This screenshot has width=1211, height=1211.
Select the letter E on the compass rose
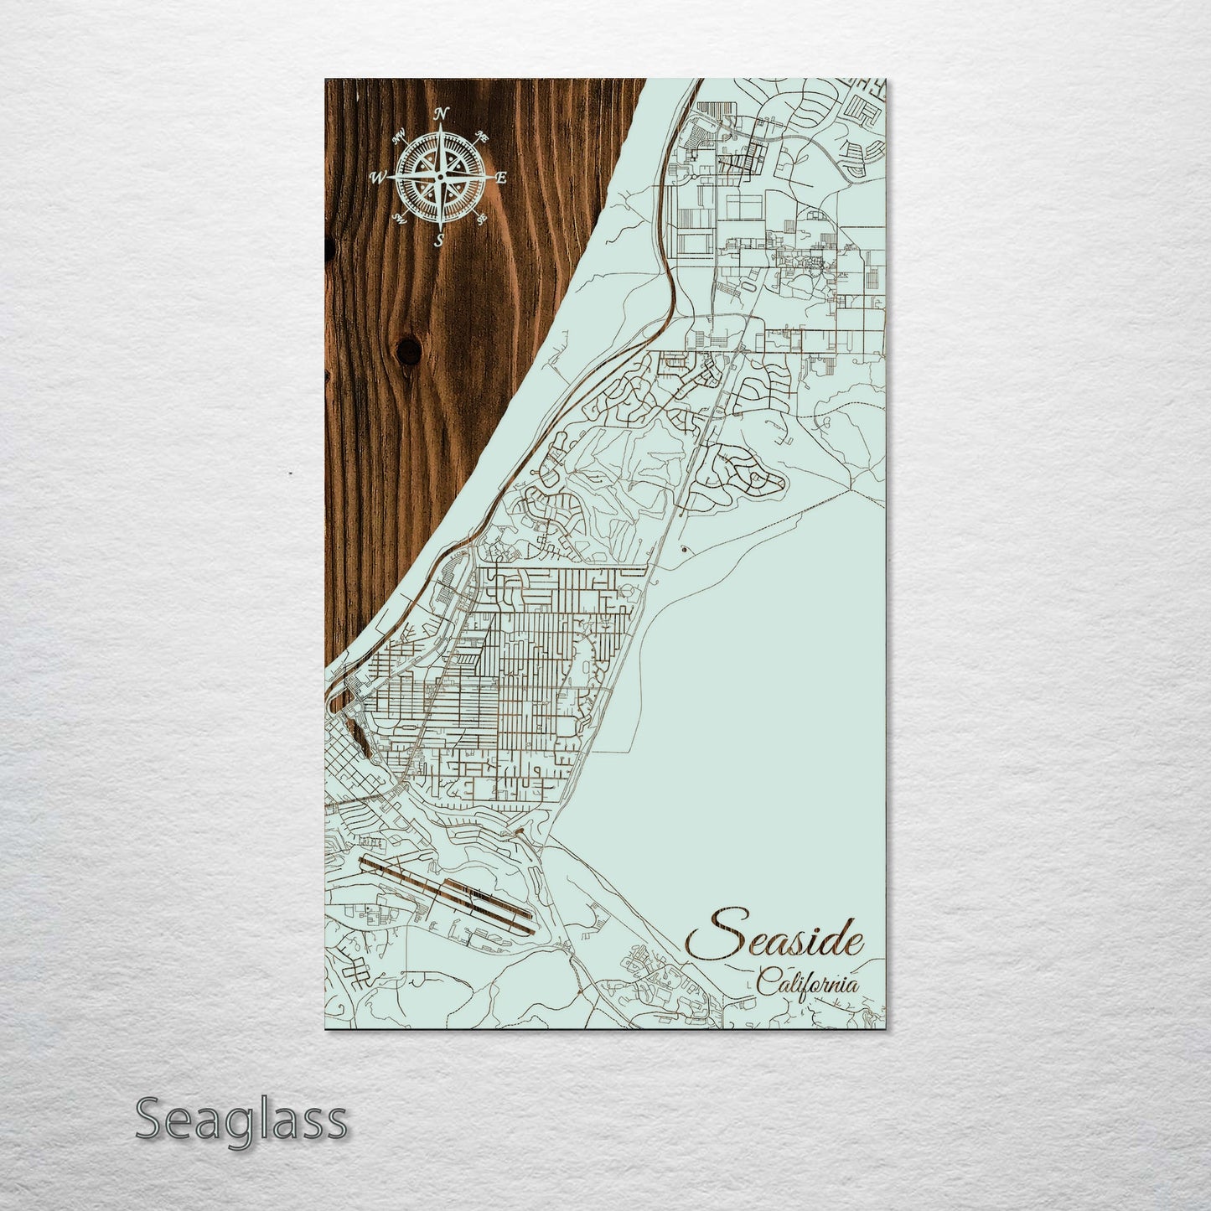(x=501, y=178)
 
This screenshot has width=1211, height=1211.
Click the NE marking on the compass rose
(x=481, y=136)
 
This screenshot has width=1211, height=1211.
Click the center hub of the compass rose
(x=440, y=178)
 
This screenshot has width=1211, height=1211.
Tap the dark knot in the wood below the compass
(x=410, y=350)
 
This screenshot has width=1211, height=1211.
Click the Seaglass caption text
(x=241, y=1119)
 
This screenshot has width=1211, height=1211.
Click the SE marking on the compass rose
(x=481, y=220)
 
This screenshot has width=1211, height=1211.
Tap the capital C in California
(x=765, y=982)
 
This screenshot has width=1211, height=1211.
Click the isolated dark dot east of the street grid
(x=686, y=550)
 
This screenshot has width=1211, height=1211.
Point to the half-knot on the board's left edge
(x=329, y=248)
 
